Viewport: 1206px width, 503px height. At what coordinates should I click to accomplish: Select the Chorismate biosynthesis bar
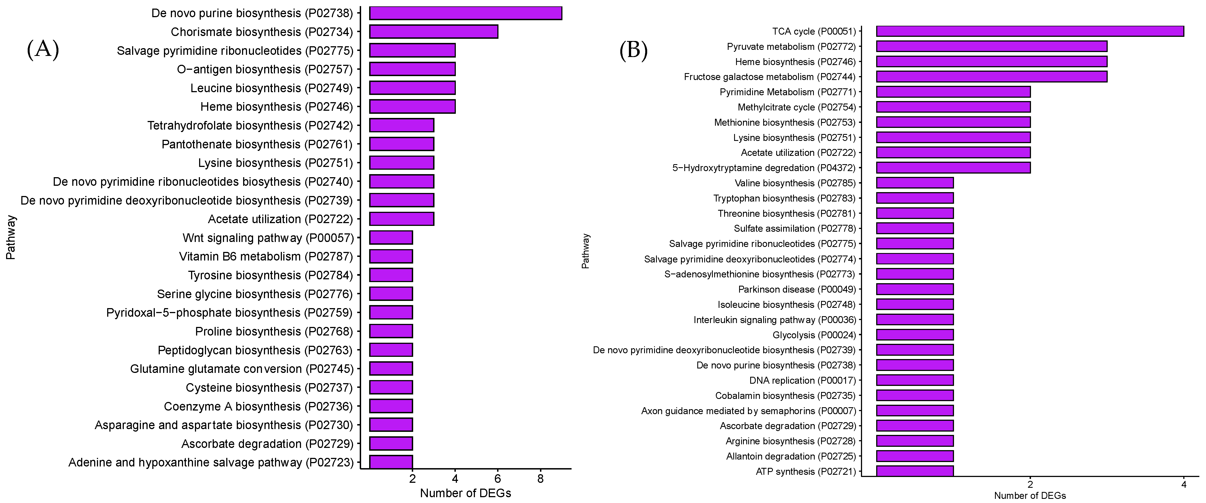[x=434, y=32]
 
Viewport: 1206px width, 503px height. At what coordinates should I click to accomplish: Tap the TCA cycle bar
[x=1030, y=31]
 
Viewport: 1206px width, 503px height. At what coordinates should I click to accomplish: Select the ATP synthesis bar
[x=914, y=471]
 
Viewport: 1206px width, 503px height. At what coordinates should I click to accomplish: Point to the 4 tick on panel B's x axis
[x=1184, y=485]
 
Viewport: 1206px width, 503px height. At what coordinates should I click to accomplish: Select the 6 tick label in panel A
[x=498, y=479]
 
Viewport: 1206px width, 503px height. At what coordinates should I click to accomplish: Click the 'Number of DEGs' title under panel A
[x=465, y=493]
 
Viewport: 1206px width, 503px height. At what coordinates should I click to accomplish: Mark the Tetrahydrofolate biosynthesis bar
[x=402, y=125]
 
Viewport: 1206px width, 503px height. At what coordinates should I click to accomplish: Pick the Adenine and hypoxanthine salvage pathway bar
[x=391, y=462]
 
